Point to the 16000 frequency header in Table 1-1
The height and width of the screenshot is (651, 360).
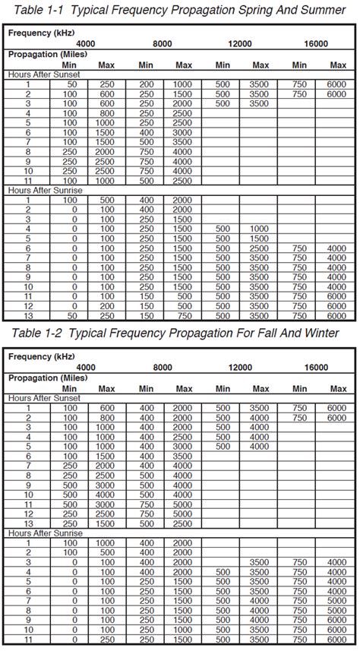[x=316, y=44]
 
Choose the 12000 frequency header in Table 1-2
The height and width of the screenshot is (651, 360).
[x=240, y=367]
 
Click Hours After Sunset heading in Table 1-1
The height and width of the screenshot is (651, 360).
[x=43, y=74]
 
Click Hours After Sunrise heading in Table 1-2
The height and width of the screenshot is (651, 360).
[x=45, y=534]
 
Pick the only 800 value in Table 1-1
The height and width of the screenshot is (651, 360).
[x=106, y=112]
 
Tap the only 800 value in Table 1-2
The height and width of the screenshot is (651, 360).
[x=106, y=418]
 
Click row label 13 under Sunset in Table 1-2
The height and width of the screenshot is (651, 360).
[x=27, y=524]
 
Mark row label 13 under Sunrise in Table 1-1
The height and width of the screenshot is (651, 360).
[x=27, y=315]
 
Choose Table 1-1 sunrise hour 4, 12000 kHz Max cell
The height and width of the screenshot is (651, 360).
[x=259, y=229]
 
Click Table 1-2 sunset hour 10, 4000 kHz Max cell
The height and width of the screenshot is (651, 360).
[x=106, y=495]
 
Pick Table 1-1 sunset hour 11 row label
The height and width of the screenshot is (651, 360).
[x=27, y=181]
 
